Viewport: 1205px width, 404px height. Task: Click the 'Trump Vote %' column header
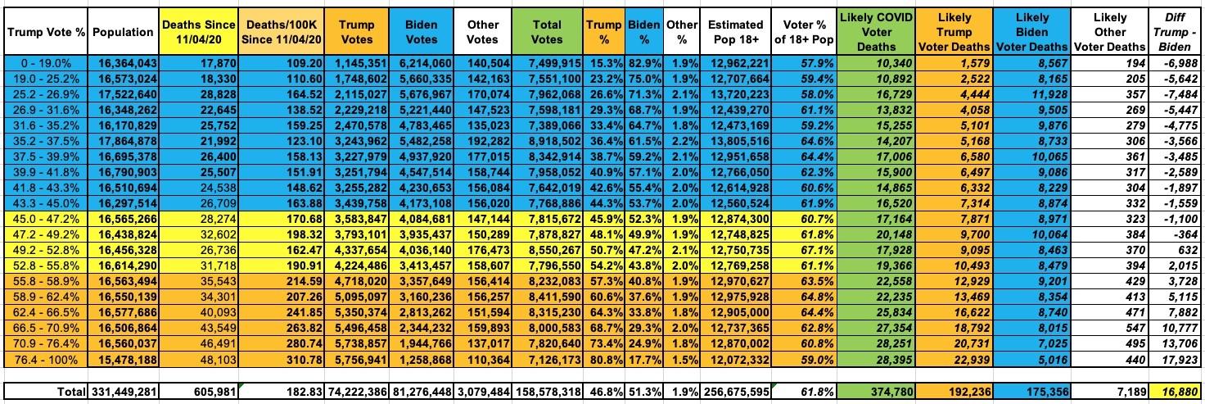coord(44,32)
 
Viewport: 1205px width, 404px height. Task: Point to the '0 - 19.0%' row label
coord(44,63)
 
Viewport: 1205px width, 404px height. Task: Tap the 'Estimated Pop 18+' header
coord(736,32)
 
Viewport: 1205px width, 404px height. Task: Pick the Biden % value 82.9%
coord(643,63)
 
